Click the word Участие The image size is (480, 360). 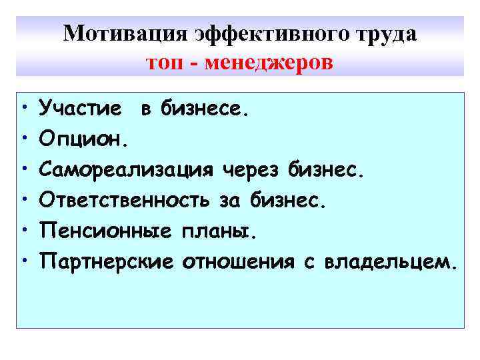(80, 107)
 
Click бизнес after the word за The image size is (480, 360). (289, 200)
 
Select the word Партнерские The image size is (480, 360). (110, 261)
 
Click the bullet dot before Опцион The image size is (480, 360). (24, 139)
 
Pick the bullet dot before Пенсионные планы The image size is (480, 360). (24, 231)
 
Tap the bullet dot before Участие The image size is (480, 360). (24, 107)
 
